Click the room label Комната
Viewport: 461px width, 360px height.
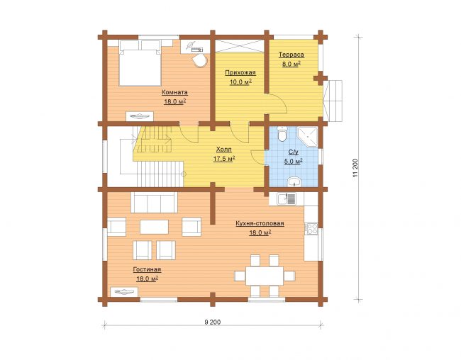tap(174, 92)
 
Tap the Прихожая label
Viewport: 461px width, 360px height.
tap(240, 72)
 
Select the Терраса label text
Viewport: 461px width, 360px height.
tap(291, 55)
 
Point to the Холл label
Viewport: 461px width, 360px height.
tap(223, 150)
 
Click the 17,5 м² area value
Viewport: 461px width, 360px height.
tap(223, 159)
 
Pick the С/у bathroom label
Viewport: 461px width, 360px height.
tap(294, 152)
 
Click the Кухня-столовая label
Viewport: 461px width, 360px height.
tap(260, 223)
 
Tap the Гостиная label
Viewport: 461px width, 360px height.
tap(147, 269)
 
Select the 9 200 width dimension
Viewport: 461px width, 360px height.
tap(212, 322)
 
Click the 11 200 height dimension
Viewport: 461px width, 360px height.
tap(355, 168)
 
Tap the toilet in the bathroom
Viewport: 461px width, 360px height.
tap(282, 134)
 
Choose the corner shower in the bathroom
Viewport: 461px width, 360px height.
tap(308, 137)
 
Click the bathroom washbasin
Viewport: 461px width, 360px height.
tap(294, 182)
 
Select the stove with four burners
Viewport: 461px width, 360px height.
tap(311, 229)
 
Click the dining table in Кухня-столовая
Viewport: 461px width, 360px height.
tap(265, 276)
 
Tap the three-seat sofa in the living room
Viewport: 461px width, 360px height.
tap(154, 203)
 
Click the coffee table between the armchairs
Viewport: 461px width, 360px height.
tap(154, 227)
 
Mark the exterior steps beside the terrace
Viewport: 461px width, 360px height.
tap(333, 101)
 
